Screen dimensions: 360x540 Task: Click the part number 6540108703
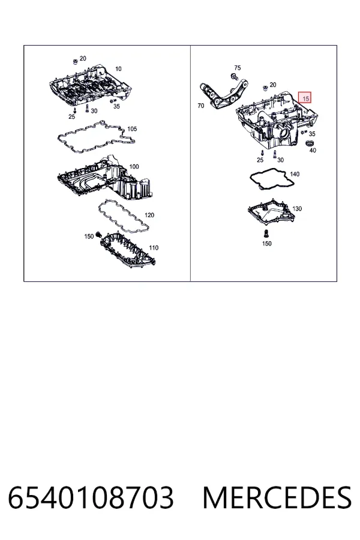91,497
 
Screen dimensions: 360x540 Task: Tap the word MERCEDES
277,497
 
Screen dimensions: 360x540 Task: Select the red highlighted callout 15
305,98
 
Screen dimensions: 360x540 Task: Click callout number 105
132,129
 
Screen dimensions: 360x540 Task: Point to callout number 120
149,215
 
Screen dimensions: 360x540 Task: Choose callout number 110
154,248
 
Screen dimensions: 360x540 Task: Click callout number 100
134,167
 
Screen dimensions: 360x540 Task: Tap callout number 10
118,69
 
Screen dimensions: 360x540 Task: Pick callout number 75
238,68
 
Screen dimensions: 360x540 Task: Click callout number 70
201,106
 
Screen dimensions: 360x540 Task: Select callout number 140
295,174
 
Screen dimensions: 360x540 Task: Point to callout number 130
297,209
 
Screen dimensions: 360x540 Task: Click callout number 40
313,150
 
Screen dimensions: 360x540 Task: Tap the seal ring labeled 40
310,142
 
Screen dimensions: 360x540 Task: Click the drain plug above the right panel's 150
266,234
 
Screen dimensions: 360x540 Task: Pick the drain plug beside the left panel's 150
97,235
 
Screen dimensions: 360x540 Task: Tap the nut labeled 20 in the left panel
75,62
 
